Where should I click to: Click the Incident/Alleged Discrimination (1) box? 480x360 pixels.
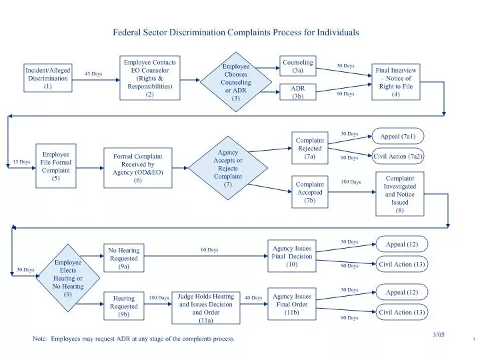47,79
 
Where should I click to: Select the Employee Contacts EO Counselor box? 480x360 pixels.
149,79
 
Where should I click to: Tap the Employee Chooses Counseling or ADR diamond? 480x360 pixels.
235,82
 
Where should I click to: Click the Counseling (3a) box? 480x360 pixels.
298,67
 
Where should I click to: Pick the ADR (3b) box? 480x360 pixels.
298,92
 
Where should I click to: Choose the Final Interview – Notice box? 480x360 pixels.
396,82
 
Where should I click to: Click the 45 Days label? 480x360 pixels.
93,74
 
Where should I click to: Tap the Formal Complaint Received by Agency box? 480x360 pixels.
138,168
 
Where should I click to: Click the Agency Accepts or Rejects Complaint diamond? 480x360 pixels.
227,167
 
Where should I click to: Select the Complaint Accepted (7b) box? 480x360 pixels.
309,192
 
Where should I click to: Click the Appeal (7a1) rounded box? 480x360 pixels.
398,137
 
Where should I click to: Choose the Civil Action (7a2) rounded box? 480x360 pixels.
398,157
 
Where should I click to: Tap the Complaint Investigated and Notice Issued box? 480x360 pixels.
400,194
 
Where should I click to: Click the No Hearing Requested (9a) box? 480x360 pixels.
123,258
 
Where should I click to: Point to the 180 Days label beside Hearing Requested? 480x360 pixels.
159,298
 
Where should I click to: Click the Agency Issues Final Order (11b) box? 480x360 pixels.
291,304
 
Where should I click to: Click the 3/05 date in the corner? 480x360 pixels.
438,334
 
